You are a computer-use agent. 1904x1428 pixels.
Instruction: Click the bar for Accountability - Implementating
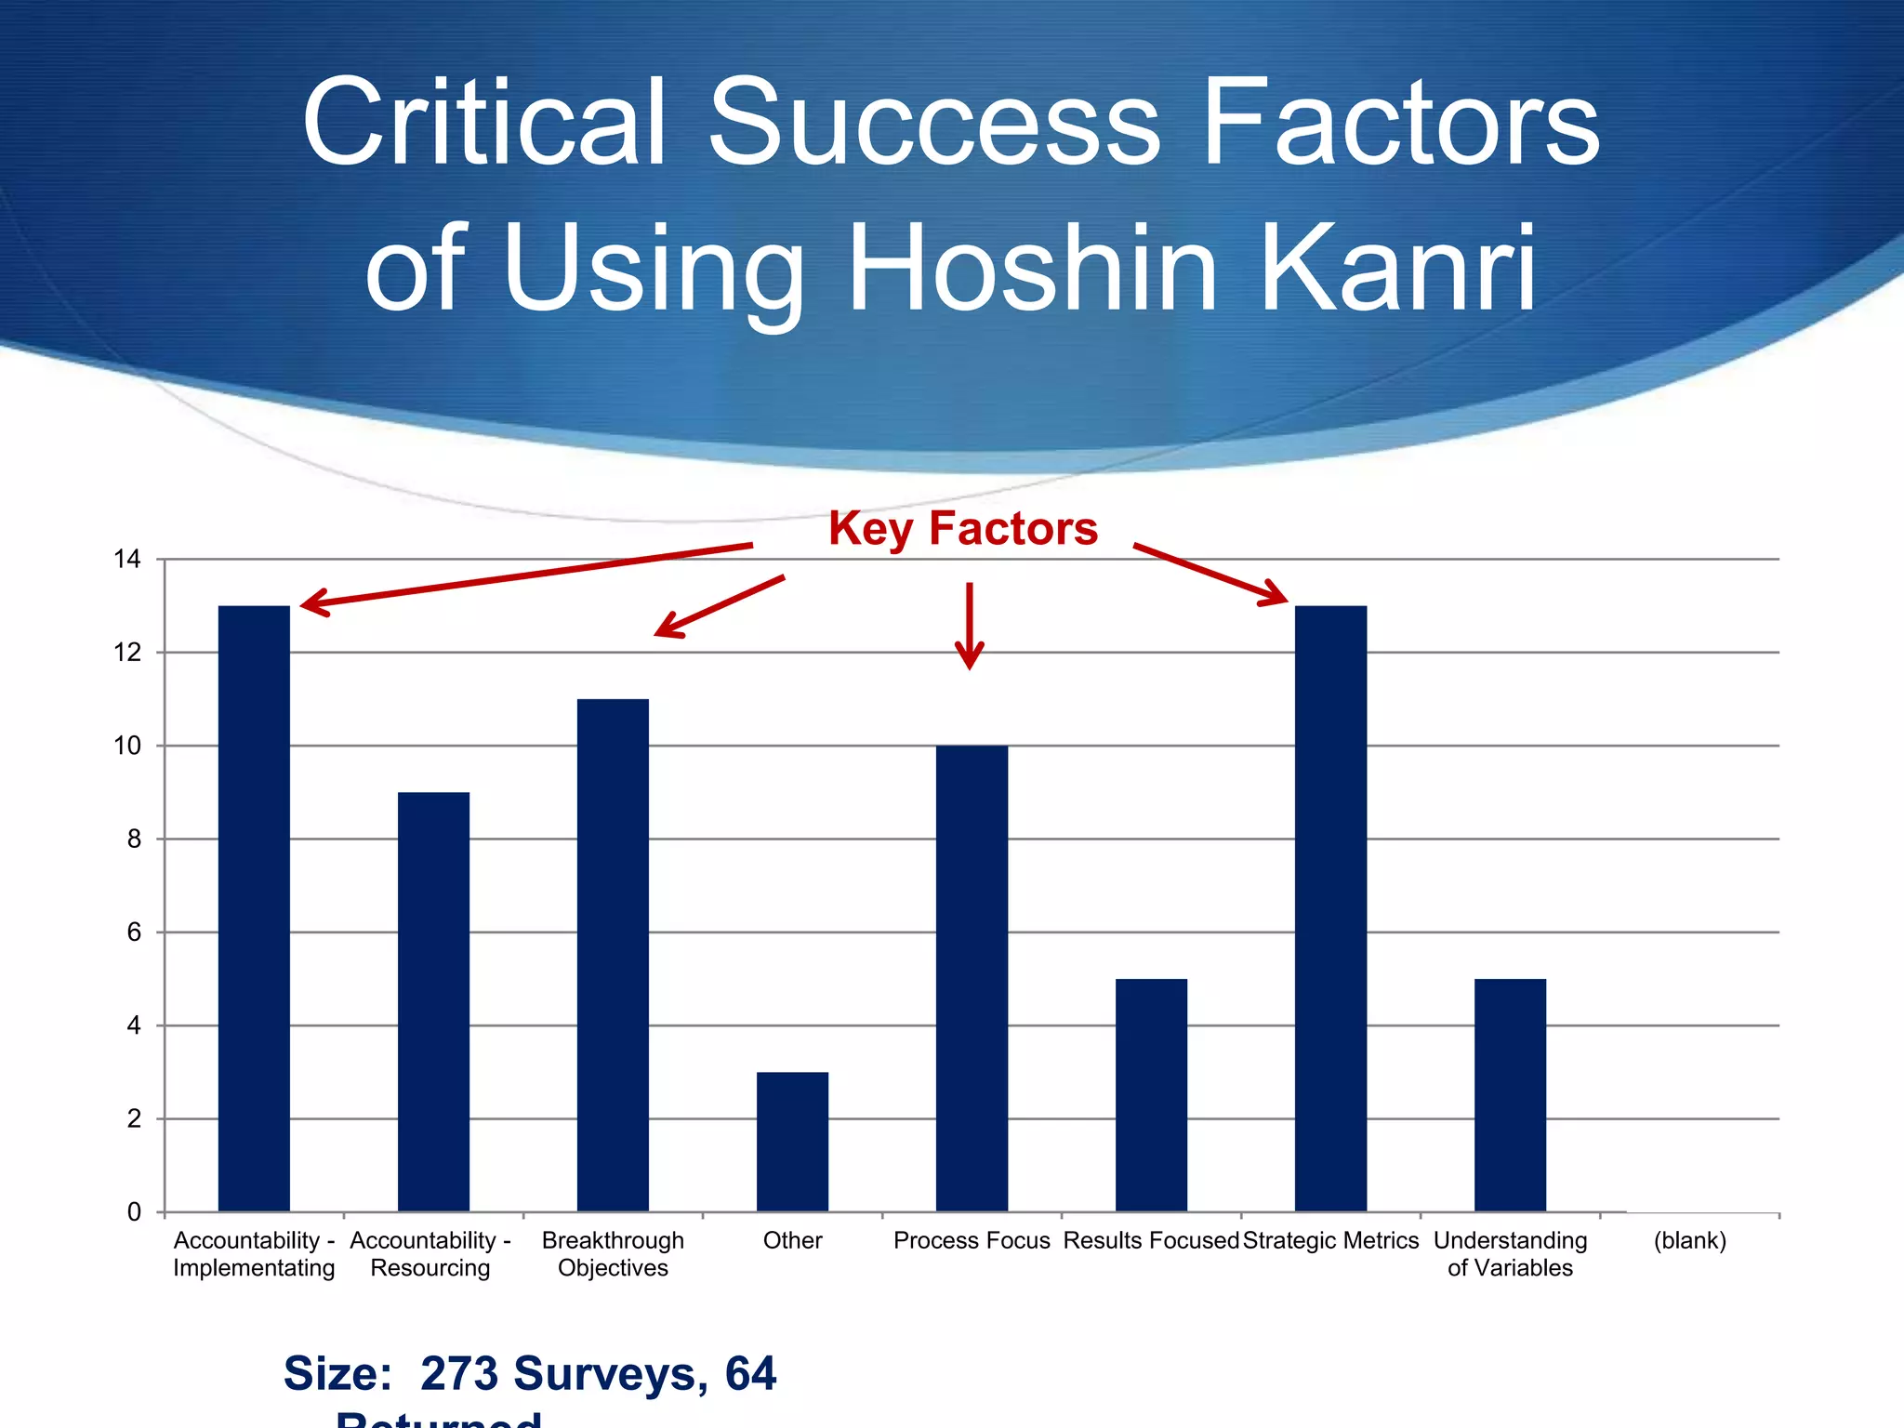[254, 908]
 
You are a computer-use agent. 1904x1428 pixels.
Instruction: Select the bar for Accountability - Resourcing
[433, 1001]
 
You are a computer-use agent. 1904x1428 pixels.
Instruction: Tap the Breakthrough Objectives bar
[613, 955]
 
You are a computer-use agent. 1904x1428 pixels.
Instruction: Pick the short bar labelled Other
[792, 1142]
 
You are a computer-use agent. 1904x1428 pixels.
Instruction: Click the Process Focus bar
[972, 978]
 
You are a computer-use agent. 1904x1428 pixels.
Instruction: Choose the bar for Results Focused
[1151, 1094]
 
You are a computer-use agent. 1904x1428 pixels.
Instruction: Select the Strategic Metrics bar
[1330, 908]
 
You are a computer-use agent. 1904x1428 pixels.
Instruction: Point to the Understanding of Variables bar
[1510, 1094]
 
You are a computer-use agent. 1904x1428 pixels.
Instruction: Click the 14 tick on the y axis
[127, 559]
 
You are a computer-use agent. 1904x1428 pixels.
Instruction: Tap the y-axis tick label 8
[134, 839]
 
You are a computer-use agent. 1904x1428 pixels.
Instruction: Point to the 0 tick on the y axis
[134, 1212]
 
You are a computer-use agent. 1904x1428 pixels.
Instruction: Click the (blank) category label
[1689, 1240]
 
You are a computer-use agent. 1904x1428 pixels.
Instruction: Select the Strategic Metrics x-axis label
[1330, 1240]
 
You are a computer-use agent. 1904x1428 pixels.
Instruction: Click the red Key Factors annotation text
[963, 528]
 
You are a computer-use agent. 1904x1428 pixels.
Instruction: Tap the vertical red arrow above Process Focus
[970, 625]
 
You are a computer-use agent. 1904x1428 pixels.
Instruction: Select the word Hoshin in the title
[1032, 269]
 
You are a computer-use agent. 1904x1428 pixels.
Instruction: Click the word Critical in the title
[484, 123]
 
